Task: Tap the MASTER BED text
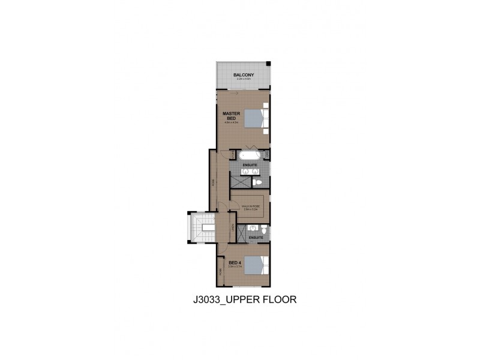pos(231,115)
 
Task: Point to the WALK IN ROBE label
pos(250,206)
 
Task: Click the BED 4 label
pos(234,262)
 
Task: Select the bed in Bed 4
pos(257,265)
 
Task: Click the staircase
pos(200,228)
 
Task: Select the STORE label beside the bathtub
pos(233,155)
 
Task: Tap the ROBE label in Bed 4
pos(220,271)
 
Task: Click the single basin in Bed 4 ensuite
pos(253,227)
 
